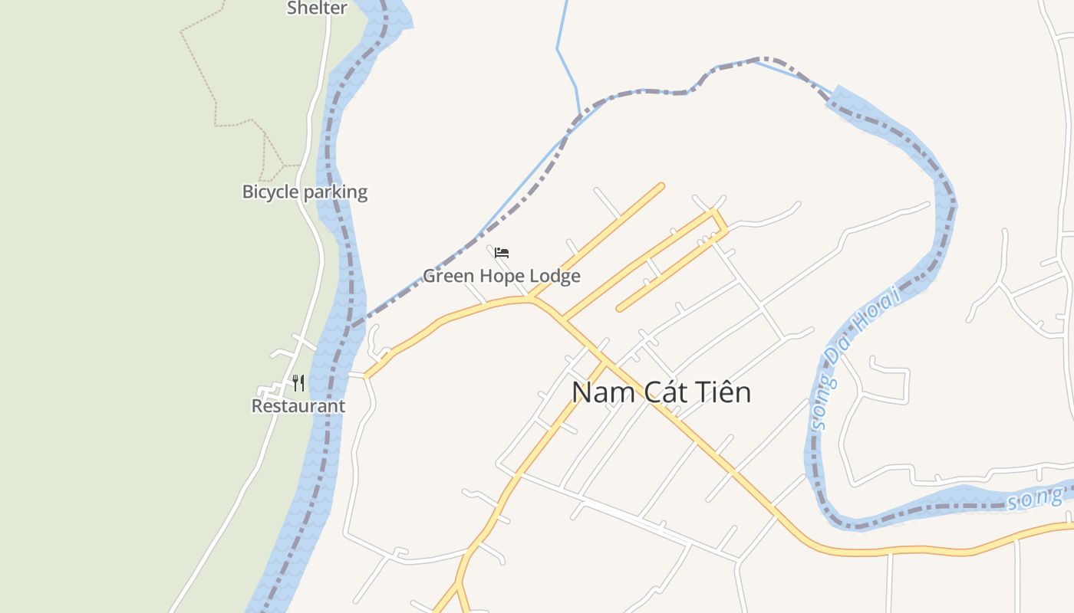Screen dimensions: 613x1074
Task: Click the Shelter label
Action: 317,8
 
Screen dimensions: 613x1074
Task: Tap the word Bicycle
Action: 270,192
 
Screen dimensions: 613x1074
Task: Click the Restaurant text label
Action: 298,406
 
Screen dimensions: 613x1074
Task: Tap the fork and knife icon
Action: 298,382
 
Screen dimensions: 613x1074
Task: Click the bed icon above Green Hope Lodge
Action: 502,252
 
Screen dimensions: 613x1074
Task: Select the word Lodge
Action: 555,277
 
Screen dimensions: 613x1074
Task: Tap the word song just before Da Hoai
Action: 819,404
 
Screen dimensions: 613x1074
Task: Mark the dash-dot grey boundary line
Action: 652,91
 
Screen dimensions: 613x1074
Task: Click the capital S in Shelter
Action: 292,8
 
